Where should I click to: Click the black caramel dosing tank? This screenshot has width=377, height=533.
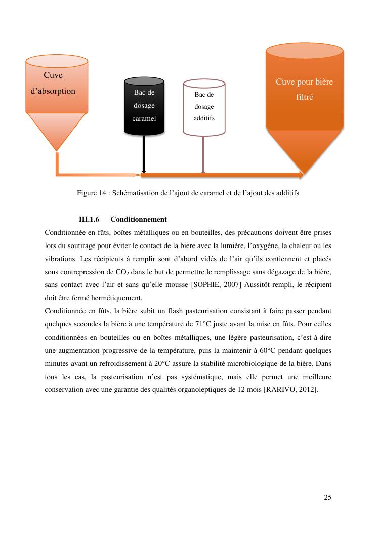point(144,106)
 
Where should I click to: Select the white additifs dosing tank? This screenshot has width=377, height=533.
point(204,107)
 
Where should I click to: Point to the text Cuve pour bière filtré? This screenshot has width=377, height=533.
point(304,89)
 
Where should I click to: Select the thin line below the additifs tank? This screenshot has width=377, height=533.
point(203,154)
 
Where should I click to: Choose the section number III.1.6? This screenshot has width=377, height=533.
point(89,220)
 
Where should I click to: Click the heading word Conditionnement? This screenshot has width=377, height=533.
point(139,220)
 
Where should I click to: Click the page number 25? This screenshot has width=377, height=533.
point(327,497)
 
